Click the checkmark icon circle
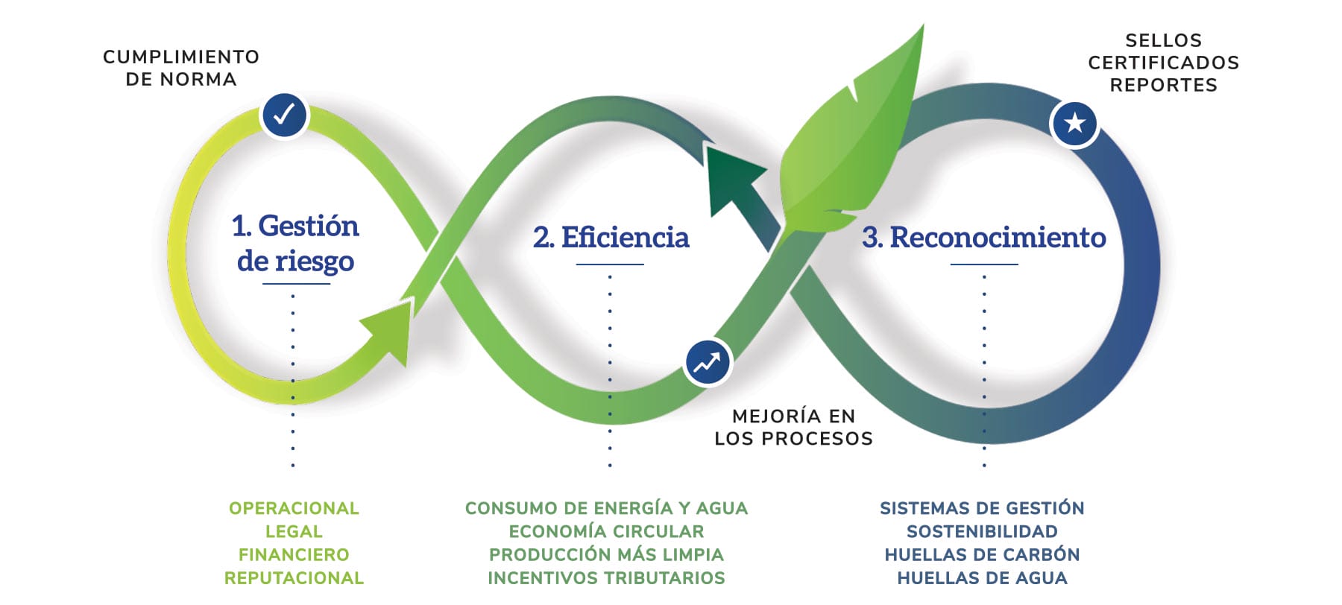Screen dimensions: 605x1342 coord(284,115)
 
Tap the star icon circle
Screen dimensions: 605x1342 coord(1074,123)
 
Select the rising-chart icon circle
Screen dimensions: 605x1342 coord(708,363)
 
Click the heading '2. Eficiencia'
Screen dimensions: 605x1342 coord(611,238)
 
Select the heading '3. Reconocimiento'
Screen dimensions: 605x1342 coord(983,238)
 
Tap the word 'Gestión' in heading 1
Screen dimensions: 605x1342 coord(308,226)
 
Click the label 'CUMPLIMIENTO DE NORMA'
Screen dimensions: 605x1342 coord(181,68)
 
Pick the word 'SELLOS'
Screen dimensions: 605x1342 coord(1163,40)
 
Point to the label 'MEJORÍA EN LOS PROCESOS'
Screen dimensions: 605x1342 coord(793,427)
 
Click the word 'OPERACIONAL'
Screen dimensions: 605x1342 coord(294,508)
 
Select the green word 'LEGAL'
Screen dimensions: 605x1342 coord(294,531)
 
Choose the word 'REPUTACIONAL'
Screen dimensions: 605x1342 coord(294,577)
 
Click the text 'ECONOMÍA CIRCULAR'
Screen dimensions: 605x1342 coord(606,531)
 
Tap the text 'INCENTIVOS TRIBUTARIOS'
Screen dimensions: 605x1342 coord(606,577)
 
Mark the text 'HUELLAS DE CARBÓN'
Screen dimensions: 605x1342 coord(982,554)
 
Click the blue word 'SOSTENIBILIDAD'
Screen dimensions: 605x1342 coord(982,531)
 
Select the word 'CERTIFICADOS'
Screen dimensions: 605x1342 coord(1163,63)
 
